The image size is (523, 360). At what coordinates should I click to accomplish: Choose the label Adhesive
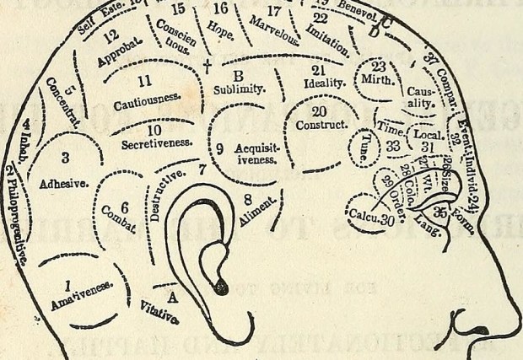[x=62, y=183]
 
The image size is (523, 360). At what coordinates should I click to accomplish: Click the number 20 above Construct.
[x=318, y=110]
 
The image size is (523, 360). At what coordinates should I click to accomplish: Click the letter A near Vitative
[x=172, y=296]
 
